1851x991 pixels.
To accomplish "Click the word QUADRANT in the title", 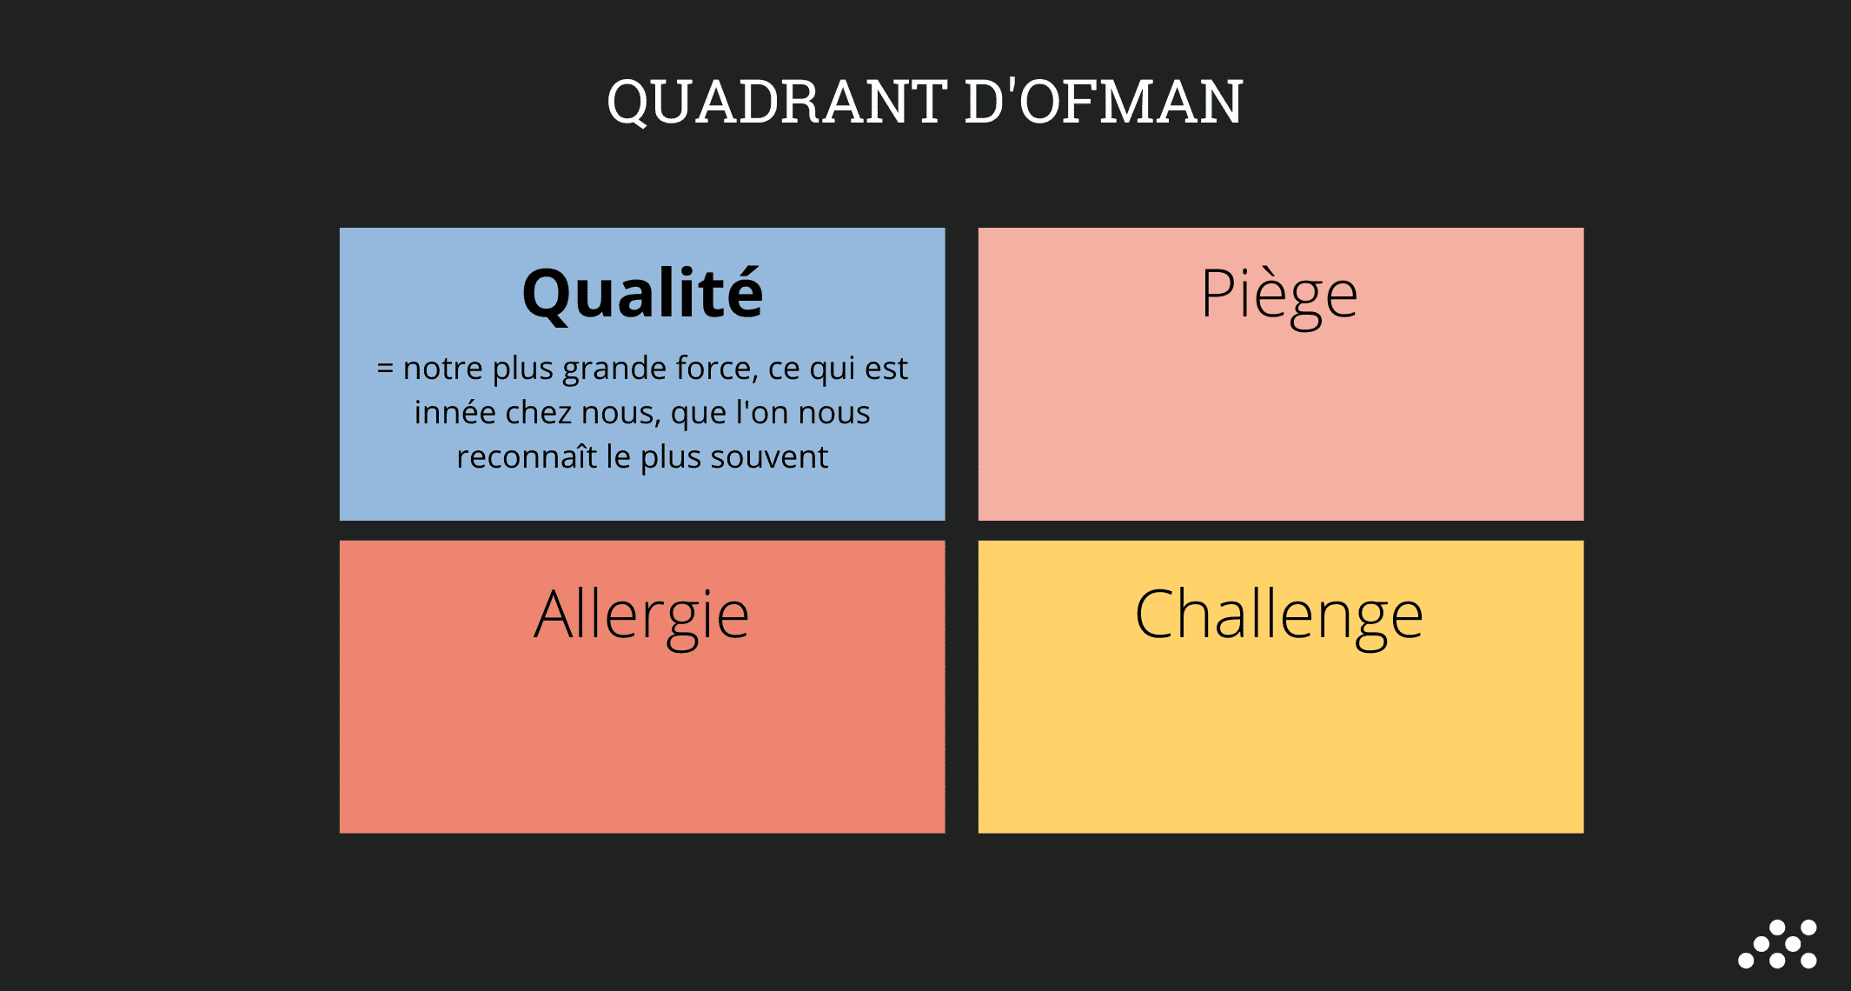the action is click(x=776, y=103).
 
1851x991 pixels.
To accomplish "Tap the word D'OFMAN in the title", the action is click(x=1105, y=102).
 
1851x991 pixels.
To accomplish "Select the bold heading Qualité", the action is click(x=642, y=293).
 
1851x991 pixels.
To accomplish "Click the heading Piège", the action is click(x=1279, y=296).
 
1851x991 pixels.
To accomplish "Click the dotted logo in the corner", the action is click(x=1777, y=943).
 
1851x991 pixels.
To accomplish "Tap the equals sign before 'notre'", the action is click(x=385, y=369).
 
